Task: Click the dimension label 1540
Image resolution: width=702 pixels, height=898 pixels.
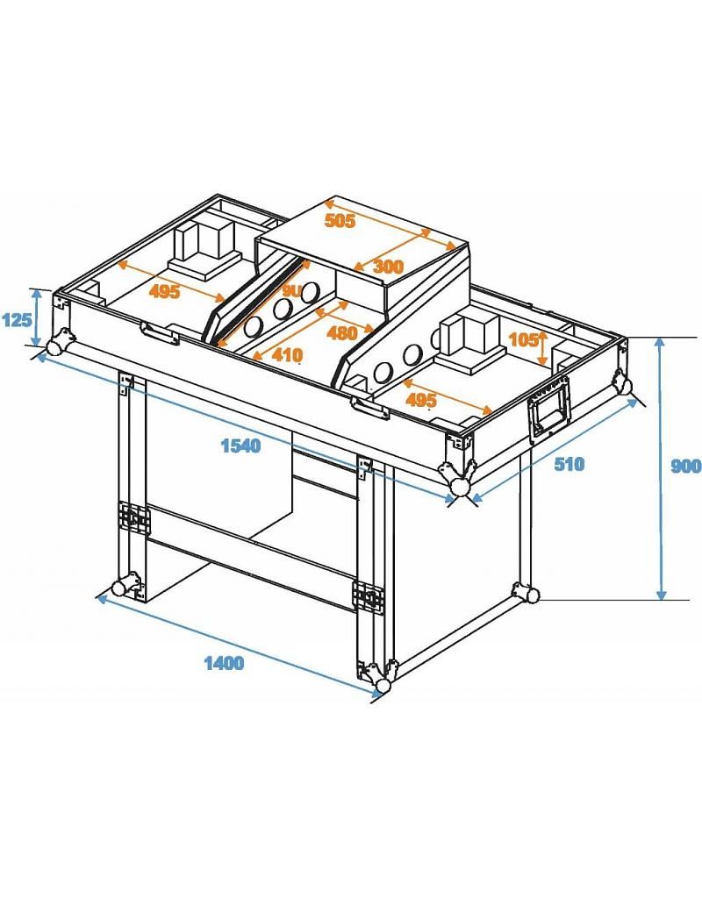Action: point(240,445)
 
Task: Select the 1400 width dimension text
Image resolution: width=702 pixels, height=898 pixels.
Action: point(224,663)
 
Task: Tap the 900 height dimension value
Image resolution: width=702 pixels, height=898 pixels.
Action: point(685,467)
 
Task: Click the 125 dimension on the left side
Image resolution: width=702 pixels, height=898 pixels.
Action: point(15,320)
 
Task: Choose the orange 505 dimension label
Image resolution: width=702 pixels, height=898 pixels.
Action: point(340,221)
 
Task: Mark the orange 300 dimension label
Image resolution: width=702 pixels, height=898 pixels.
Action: point(387,266)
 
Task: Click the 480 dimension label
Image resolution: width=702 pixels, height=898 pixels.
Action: point(341,332)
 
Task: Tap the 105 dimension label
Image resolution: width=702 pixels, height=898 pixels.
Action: point(523,340)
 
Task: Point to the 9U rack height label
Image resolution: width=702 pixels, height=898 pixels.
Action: point(291,289)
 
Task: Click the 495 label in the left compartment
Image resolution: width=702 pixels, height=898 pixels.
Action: point(164,291)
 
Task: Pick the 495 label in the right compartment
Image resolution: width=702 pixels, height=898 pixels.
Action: point(421,400)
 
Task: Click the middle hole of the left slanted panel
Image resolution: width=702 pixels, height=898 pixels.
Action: point(282,310)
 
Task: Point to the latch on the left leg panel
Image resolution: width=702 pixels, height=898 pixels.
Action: point(135,518)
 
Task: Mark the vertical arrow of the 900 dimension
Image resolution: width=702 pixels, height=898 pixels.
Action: point(660,469)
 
